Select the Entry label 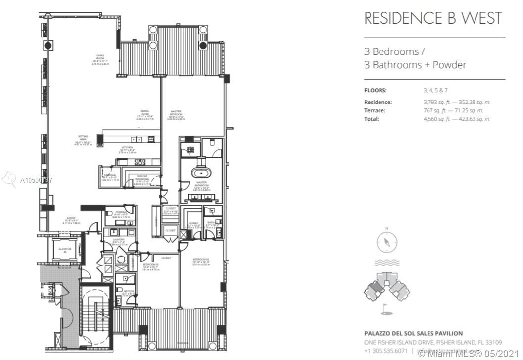(72, 220)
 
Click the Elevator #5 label (64, 250)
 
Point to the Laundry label (118, 241)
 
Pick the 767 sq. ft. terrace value (429, 110)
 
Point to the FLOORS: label (375, 90)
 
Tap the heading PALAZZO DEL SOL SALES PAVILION (413, 333)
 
